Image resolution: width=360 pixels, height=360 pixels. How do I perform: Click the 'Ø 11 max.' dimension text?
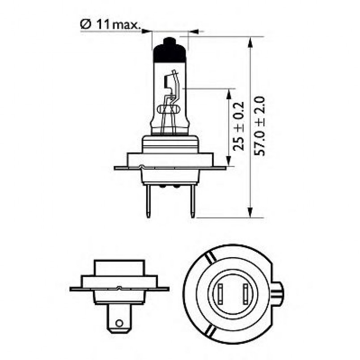110,25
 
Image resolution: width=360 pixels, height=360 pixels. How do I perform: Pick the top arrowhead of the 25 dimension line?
229,93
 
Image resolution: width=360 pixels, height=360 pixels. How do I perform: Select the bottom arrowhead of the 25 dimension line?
229,161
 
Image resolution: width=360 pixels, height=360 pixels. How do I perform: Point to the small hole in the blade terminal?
119,323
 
